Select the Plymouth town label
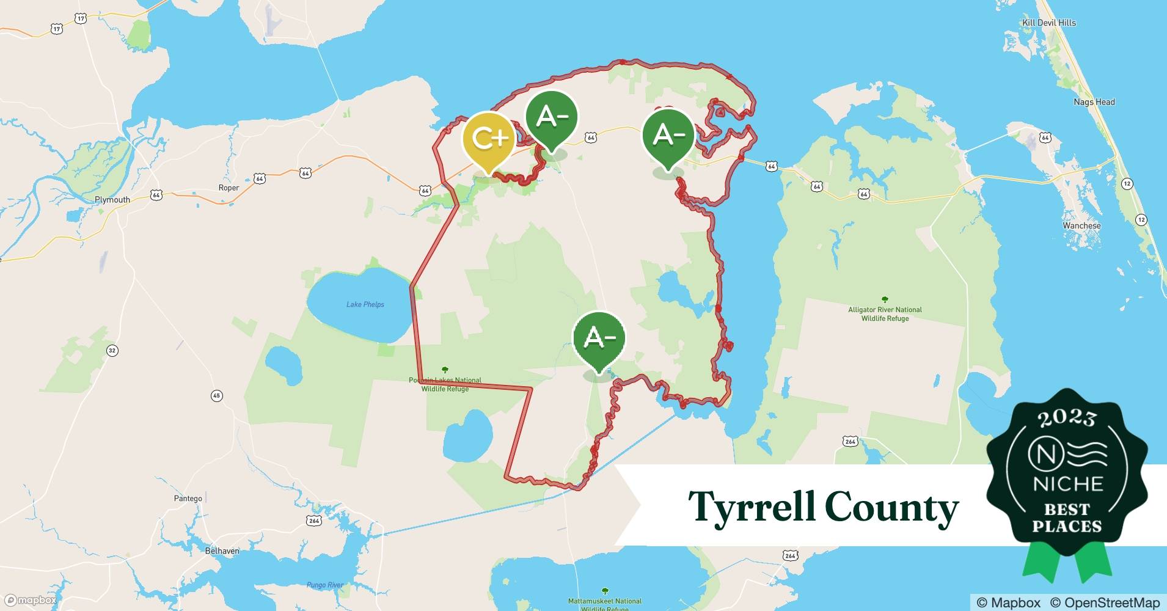(112, 200)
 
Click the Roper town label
(229, 188)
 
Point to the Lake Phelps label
(365, 304)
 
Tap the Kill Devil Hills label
(1049, 23)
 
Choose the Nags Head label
(1094, 102)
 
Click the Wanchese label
(1081, 225)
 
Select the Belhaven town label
(222, 551)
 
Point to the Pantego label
(188, 499)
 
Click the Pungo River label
(324, 585)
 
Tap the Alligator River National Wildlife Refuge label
(885, 313)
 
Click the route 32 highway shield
(112, 350)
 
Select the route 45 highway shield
(216, 396)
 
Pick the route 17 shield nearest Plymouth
(56, 29)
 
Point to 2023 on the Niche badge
(1066, 418)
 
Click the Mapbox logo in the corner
(31, 601)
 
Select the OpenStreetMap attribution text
(1104, 602)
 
